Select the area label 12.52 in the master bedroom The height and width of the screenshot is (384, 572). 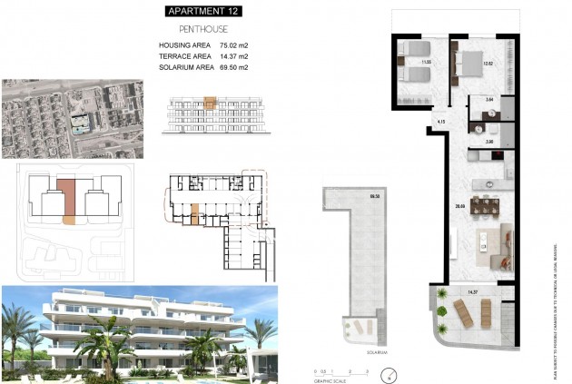[487, 63]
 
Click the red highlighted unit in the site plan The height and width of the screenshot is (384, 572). [68, 196]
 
